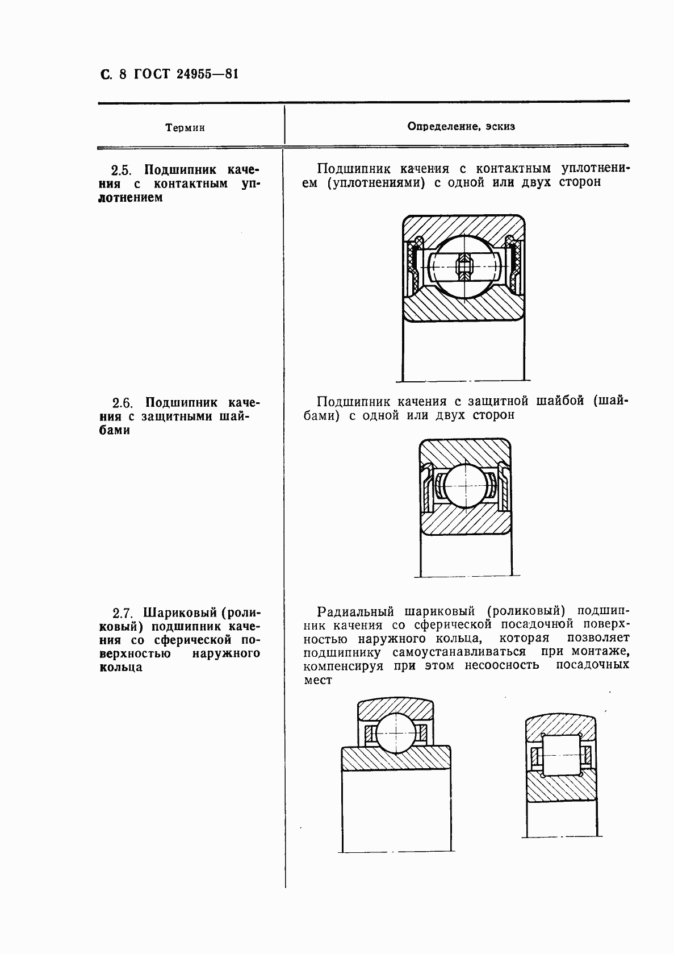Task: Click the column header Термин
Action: click(x=185, y=128)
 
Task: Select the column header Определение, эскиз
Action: click(x=461, y=126)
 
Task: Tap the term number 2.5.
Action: click(x=122, y=170)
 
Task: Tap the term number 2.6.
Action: click(x=122, y=403)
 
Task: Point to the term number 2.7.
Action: click(x=123, y=613)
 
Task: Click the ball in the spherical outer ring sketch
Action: click(x=396, y=734)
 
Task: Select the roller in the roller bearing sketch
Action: click(x=561, y=755)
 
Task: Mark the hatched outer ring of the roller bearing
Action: click(x=561, y=726)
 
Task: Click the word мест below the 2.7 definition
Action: click(x=317, y=680)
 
